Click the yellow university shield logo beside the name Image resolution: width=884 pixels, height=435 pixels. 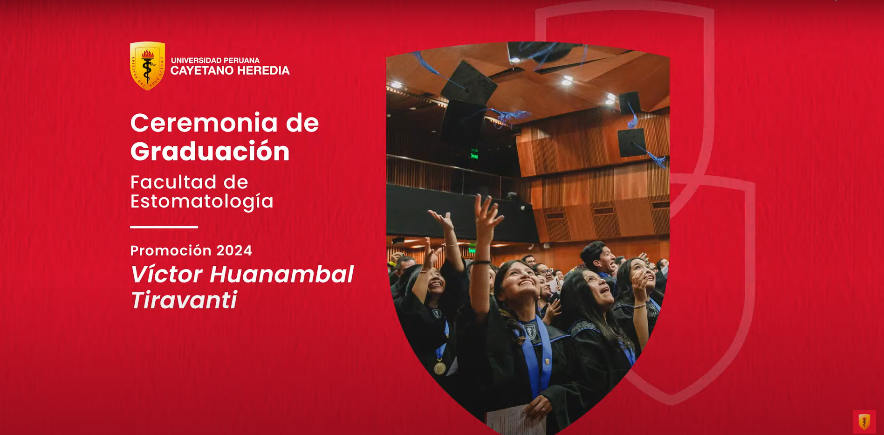[x=147, y=66]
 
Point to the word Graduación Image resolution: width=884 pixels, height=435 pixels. [x=210, y=152]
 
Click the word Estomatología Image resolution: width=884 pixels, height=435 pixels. [x=202, y=201]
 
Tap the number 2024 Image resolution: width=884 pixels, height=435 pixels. [x=234, y=251]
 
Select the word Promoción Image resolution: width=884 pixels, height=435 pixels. [x=171, y=251]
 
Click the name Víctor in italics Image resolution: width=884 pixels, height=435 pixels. [x=166, y=274]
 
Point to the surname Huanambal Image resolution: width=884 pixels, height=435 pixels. [x=281, y=274]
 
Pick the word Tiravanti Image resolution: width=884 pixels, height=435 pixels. [x=184, y=300]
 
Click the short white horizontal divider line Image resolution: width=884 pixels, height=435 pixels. [x=164, y=227]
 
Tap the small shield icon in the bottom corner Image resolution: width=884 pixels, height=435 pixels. [x=864, y=422]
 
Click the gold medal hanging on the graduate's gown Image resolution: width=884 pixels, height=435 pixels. [x=439, y=368]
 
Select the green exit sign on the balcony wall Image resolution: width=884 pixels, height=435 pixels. [x=474, y=154]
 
